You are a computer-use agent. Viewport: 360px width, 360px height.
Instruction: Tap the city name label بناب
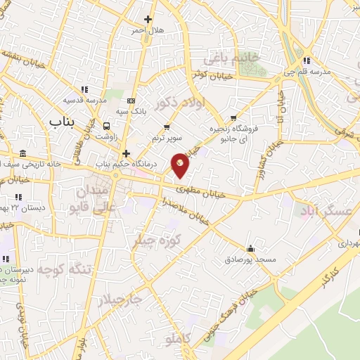(61, 121)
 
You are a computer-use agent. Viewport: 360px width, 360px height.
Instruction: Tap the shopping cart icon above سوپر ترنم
(167, 127)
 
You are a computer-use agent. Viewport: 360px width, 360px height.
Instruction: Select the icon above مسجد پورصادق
(251, 248)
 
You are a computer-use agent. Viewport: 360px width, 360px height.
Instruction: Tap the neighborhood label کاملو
(175, 340)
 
